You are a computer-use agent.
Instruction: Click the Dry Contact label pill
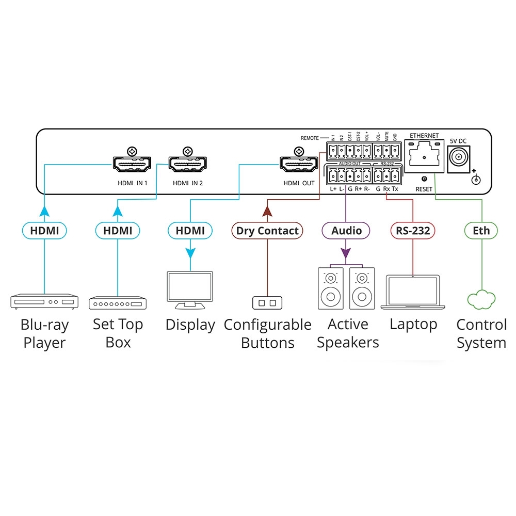[267, 231]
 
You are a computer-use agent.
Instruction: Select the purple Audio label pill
[346, 231]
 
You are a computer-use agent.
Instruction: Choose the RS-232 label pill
[413, 231]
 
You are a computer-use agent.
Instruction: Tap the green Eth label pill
[481, 231]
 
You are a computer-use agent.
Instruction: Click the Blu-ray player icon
[44, 301]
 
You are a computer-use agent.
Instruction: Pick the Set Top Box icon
[118, 302]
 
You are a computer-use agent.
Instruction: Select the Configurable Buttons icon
[267, 302]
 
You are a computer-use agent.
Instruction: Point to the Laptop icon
[413, 292]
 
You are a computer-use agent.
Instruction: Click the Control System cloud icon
[481, 300]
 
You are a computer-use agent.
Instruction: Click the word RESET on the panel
[424, 189]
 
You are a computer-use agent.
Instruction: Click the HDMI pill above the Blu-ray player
[44, 231]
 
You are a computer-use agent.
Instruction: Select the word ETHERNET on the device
[424, 136]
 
